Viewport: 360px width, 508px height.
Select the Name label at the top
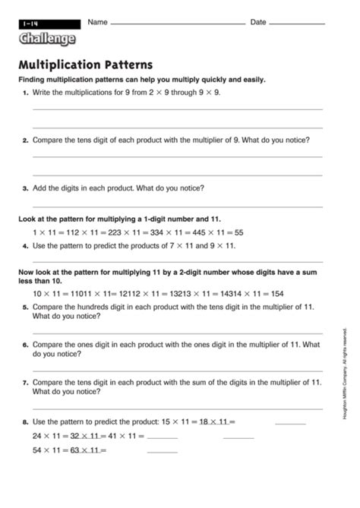[96, 22]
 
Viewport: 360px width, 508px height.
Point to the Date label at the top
[258, 22]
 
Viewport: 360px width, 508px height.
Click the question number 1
[26, 92]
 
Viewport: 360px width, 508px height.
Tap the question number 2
[26, 140]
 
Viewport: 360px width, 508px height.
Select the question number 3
[26, 188]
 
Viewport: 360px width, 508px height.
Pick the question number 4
[26, 247]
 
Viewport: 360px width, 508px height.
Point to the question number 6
[26, 345]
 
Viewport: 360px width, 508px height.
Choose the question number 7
[26, 383]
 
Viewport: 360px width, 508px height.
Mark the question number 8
[26, 421]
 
